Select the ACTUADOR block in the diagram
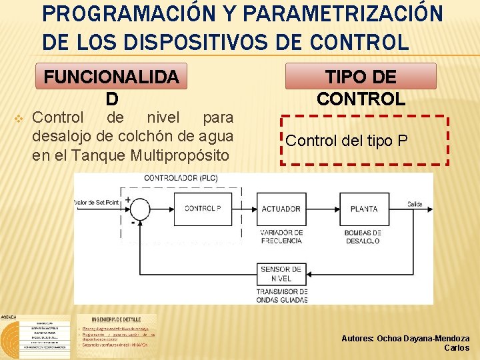[281, 209]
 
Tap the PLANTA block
[364, 209]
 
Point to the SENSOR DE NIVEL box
[281, 273]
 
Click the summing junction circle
[140, 209]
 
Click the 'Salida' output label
[415, 203]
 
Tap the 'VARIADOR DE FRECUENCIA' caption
[281, 237]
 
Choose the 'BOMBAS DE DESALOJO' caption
[363, 237]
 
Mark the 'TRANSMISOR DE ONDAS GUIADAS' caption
[281, 296]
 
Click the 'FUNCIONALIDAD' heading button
[111, 77]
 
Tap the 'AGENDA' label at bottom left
[9, 317]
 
